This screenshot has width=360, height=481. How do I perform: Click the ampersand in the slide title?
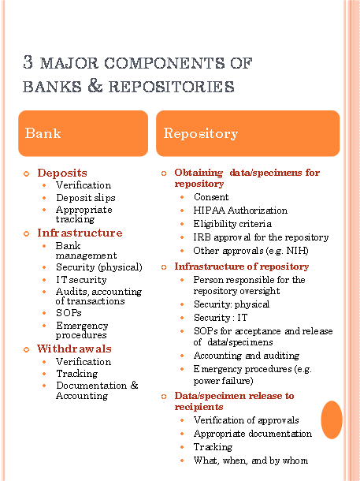(95, 85)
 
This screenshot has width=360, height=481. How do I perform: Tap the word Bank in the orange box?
(43, 133)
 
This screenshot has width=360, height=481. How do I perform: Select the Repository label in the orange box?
(201, 133)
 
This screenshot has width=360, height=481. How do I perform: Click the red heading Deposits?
(62, 173)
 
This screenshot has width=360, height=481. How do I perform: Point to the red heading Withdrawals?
(74, 349)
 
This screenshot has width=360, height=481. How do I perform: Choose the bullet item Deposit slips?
(86, 198)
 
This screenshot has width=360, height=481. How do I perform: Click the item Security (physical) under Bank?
(99, 267)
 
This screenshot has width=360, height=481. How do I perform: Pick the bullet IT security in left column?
(81, 280)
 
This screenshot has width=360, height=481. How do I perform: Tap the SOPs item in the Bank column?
(69, 313)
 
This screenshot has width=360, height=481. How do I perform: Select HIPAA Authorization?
(240, 211)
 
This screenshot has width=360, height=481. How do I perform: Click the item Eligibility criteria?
(232, 224)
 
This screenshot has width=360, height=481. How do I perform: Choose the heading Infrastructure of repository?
(242, 267)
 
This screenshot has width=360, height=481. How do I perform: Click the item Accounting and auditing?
(247, 356)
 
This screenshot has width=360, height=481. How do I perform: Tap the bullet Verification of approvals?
(247, 420)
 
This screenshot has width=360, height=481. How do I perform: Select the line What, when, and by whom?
(251, 460)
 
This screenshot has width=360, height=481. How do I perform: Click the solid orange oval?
(332, 419)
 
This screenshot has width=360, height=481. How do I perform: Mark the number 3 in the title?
(28, 62)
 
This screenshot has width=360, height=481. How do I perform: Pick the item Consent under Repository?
(211, 197)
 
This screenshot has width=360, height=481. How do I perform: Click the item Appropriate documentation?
(253, 434)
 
